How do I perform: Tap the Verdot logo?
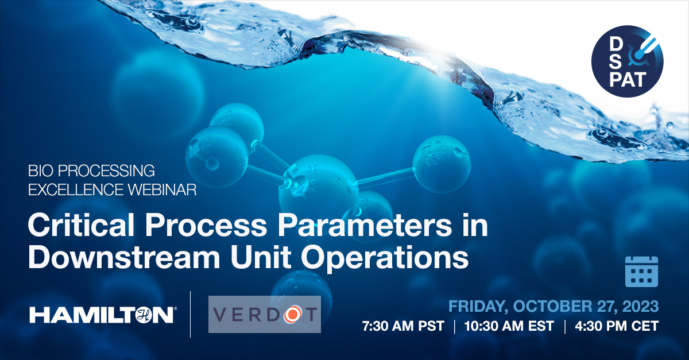[x=265, y=314]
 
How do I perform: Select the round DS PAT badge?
[x=627, y=61]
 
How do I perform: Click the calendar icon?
[x=642, y=272]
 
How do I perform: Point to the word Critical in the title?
[x=81, y=225]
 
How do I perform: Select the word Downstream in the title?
[x=124, y=257]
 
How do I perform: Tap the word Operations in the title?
[x=385, y=258]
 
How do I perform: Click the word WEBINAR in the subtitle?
[x=162, y=189]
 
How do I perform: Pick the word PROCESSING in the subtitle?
[x=106, y=171]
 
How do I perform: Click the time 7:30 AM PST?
[x=403, y=326]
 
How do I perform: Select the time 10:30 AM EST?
[x=509, y=326]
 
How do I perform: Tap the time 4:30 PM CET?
[x=617, y=326]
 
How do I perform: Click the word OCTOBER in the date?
[x=552, y=307]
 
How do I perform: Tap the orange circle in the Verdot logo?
[x=292, y=314]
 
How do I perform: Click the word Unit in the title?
[x=261, y=257]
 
